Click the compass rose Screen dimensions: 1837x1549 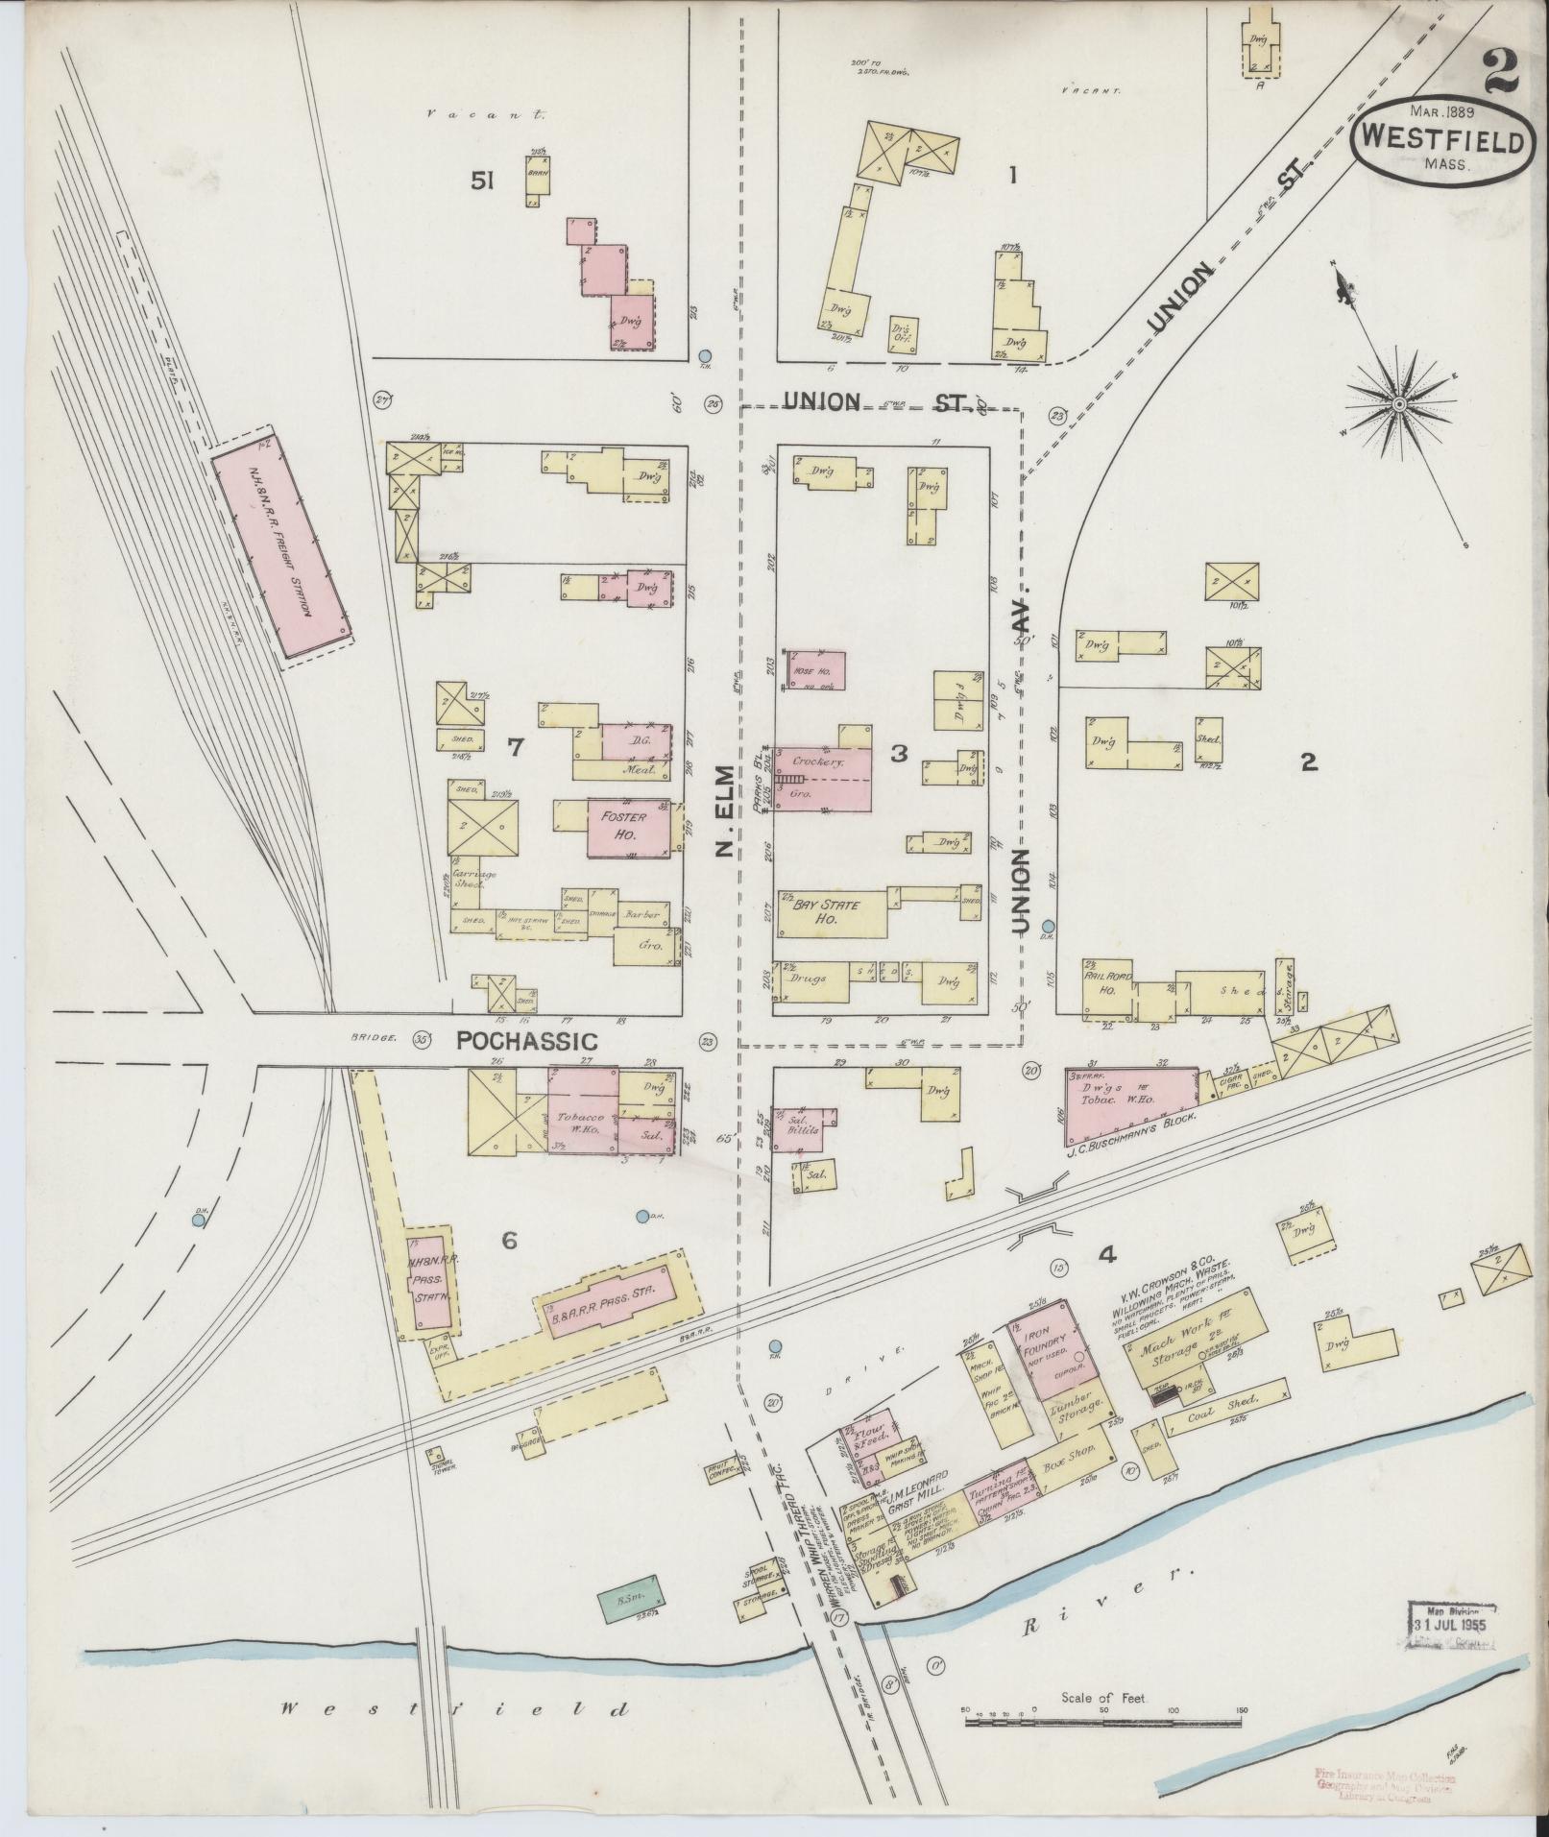[x=1400, y=405]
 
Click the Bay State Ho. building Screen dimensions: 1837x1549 [x=832, y=911]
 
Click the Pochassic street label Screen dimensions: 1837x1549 [x=525, y=1040]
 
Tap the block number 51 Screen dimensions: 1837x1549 [x=481, y=180]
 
